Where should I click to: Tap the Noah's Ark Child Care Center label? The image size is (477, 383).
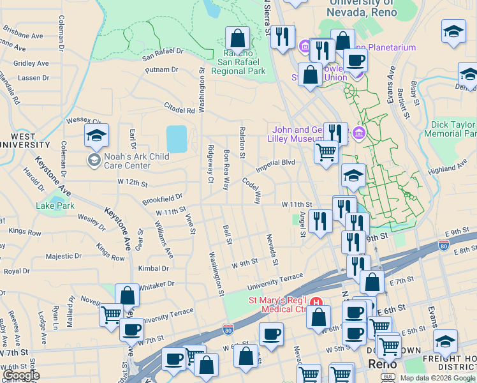click(129, 160)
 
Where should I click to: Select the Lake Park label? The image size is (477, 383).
click(55, 206)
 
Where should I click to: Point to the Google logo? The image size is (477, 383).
click(20, 375)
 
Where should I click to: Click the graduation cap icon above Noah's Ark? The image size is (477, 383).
click(96, 135)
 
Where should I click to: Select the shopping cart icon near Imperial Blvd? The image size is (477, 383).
click(326, 152)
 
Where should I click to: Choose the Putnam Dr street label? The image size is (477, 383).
click(161, 69)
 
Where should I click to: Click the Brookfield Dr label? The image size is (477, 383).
click(163, 199)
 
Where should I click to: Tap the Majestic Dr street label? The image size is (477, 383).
click(63, 257)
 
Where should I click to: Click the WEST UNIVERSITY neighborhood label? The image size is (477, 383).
click(24, 141)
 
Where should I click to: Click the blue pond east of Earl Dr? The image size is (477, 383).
click(177, 139)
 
